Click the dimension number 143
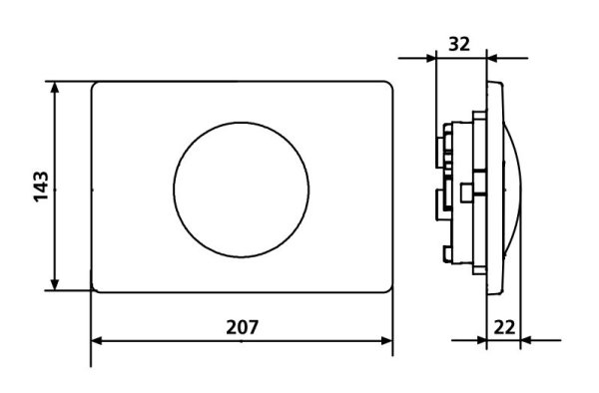(41, 187)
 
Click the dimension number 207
(243, 327)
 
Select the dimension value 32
(459, 44)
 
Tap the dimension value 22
(504, 327)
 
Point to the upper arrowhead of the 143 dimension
(55, 88)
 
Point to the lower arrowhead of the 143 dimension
(55, 284)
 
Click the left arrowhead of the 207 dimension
(97, 341)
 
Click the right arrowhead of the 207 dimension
(387, 341)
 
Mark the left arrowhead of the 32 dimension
(430, 59)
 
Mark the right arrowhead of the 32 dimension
(492, 59)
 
